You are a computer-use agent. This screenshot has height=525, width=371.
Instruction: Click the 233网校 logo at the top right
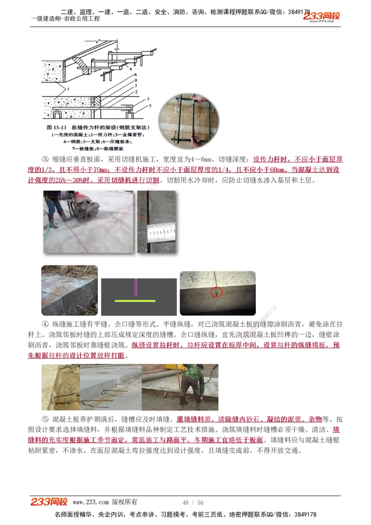322,16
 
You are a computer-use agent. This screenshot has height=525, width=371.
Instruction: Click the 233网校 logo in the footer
49,502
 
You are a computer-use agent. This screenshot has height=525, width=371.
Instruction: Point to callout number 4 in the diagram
124,68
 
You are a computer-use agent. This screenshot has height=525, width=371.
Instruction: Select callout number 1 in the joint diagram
68,88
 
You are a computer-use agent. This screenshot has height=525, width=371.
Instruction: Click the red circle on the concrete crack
216,292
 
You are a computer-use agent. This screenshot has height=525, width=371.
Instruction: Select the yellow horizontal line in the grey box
135,301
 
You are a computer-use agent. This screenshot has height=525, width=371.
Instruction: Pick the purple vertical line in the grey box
135,287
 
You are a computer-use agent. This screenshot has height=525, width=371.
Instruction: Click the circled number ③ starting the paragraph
45,159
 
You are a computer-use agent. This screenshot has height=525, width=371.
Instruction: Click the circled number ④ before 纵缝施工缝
45,324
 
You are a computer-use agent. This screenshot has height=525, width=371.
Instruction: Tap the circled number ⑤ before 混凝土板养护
45,419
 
